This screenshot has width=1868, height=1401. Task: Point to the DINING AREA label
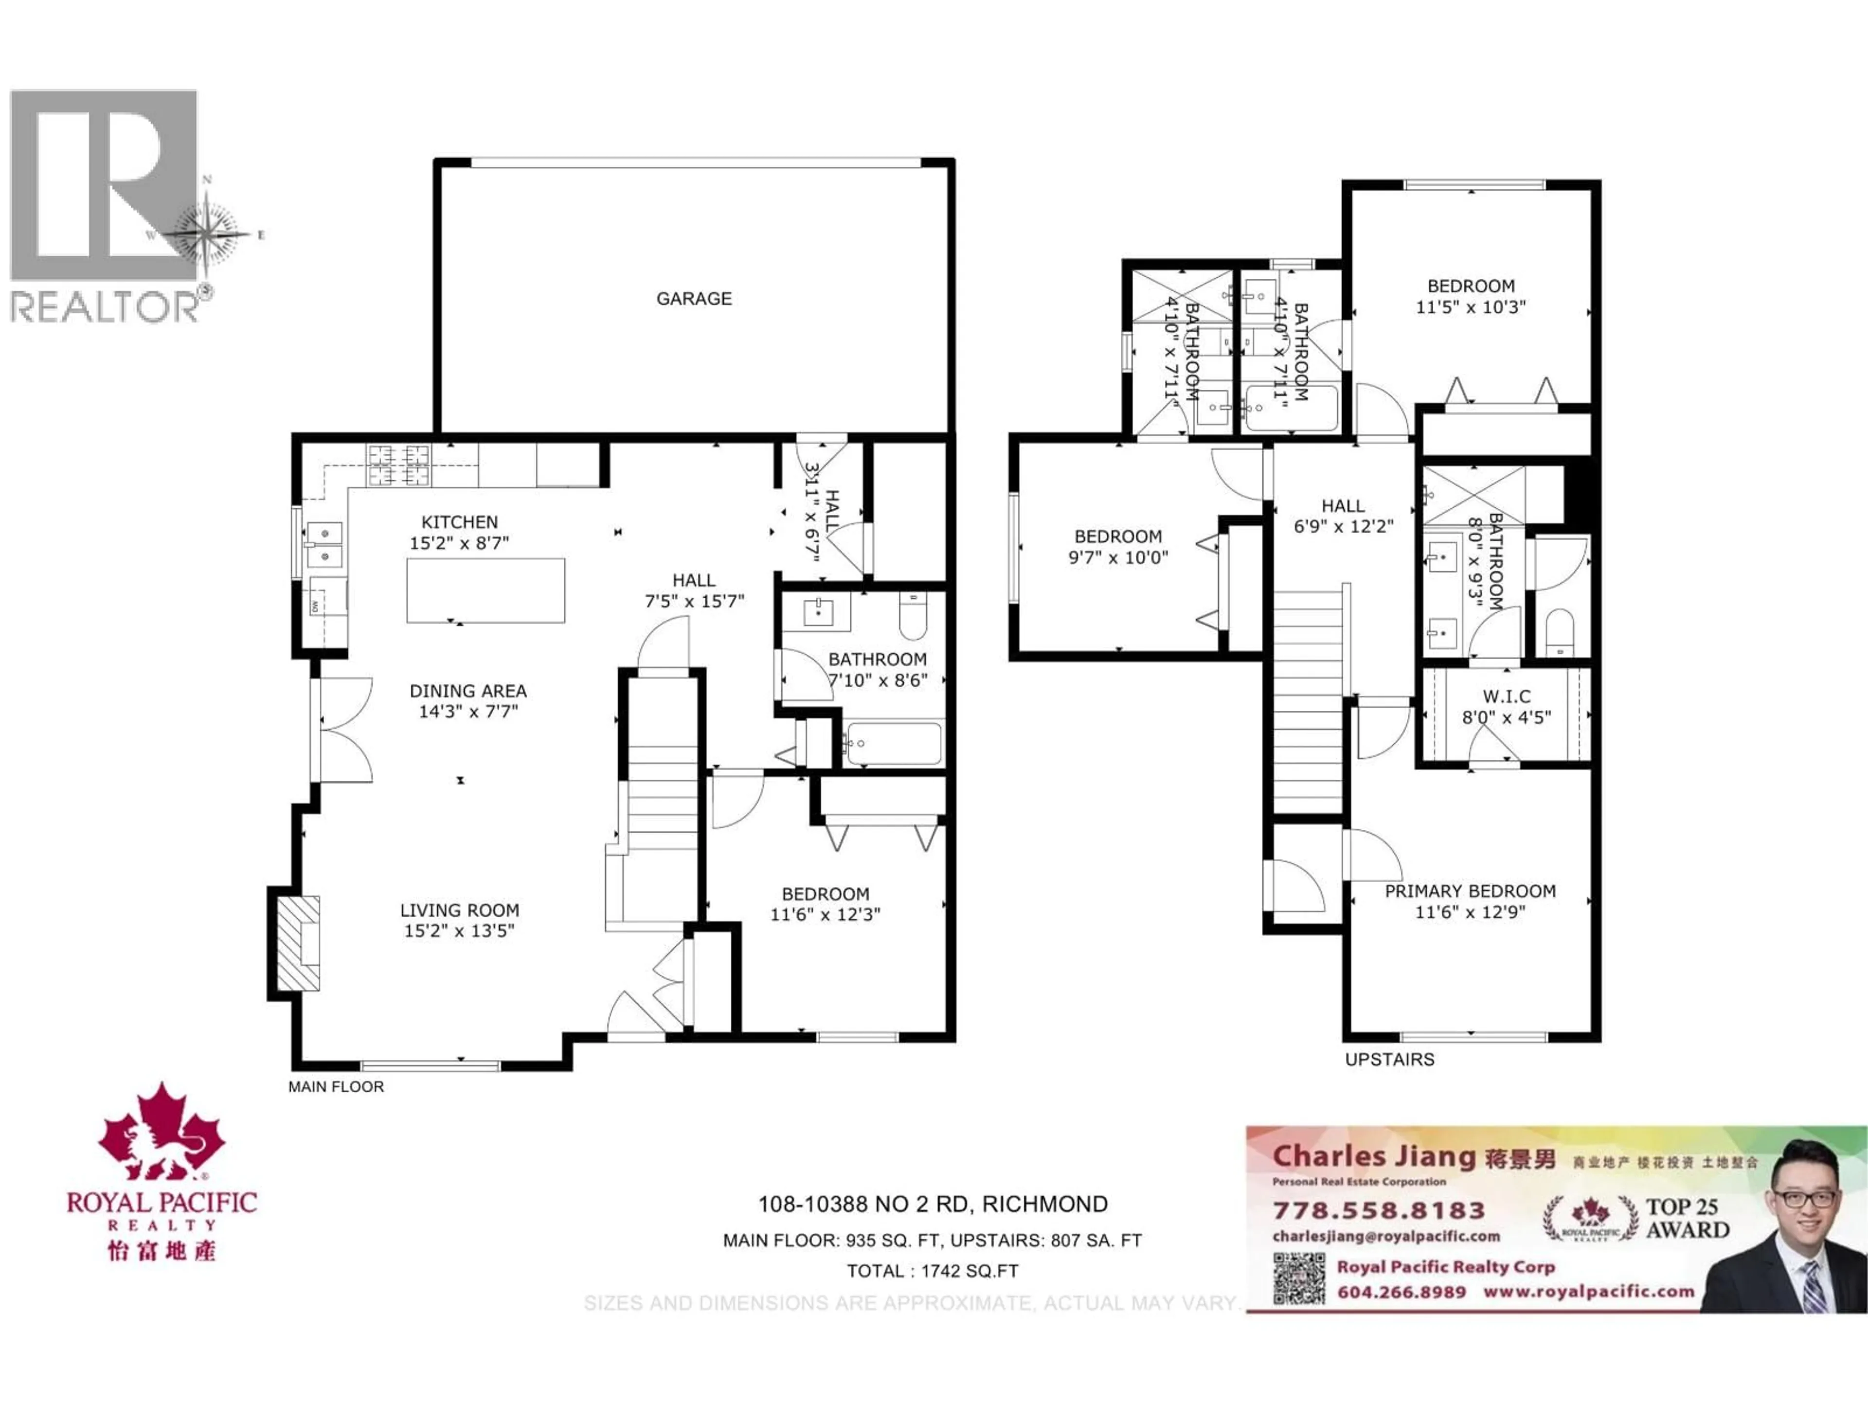[x=468, y=691]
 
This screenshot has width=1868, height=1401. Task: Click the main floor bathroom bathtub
[x=894, y=744]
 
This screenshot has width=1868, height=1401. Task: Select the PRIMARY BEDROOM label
[x=1470, y=891]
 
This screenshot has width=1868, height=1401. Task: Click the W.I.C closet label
[x=1507, y=697]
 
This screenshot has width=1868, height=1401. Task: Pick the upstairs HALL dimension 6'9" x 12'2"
[x=1343, y=526]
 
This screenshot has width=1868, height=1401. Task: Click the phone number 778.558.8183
[x=1378, y=1211]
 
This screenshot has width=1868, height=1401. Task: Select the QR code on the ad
[x=1299, y=1278]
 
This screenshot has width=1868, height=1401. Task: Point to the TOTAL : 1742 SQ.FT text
[x=933, y=1271]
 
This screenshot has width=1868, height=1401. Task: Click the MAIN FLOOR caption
[x=336, y=1087]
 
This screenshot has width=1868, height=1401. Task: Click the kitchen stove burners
[x=398, y=466]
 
